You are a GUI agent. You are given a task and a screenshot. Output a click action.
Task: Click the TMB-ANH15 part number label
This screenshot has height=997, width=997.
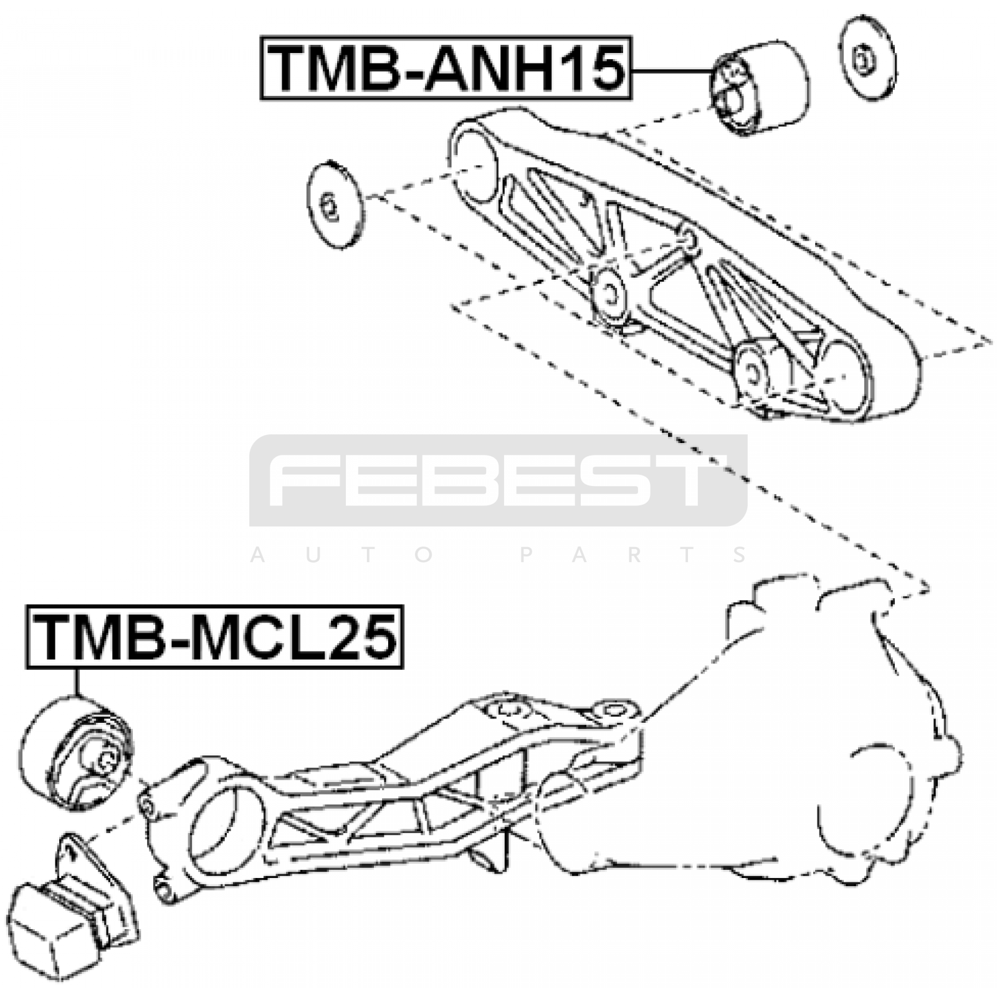click(446, 69)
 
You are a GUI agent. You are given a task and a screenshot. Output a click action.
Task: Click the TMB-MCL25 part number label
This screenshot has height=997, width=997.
click(215, 636)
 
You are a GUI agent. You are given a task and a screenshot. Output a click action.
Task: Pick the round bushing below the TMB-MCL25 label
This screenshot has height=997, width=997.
click(76, 754)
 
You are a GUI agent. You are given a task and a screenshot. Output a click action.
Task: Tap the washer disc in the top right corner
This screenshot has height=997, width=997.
click(868, 58)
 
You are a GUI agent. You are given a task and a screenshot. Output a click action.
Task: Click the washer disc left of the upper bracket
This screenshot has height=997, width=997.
click(335, 206)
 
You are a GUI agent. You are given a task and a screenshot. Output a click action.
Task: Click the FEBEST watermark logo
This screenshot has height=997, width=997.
click(499, 480)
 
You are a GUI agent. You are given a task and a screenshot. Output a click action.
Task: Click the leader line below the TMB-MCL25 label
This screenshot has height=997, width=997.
click(78, 682)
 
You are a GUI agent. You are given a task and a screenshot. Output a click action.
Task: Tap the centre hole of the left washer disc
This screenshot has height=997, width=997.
click(328, 206)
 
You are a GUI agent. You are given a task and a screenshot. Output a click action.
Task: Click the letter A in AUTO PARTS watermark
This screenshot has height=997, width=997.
click(257, 555)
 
